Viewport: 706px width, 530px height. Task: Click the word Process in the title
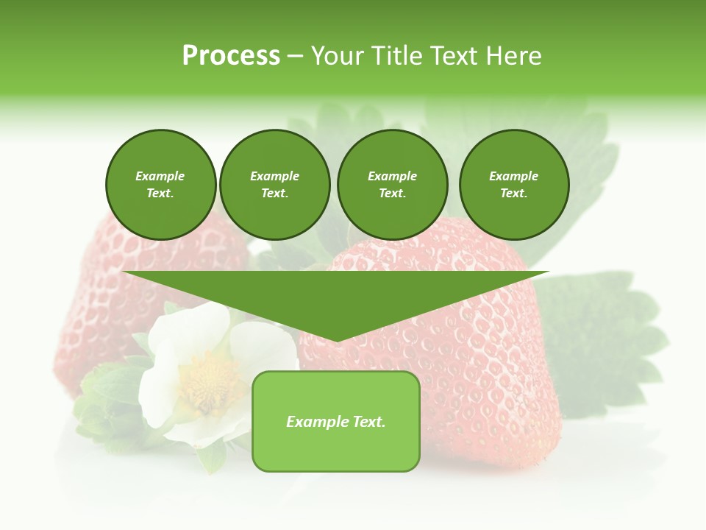click(231, 56)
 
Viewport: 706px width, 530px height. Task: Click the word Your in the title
click(338, 56)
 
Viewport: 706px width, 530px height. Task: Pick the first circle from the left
click(161, 185)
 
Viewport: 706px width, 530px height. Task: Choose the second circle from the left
click(275, 185)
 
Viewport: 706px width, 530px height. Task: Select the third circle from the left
click(393, 185)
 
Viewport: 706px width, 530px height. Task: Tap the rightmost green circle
click(514, 185)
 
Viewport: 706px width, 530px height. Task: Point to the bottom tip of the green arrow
click(337, 341)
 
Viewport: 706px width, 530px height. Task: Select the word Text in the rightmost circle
click(513, 194)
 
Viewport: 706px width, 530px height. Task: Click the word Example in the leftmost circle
click(160, 177)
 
